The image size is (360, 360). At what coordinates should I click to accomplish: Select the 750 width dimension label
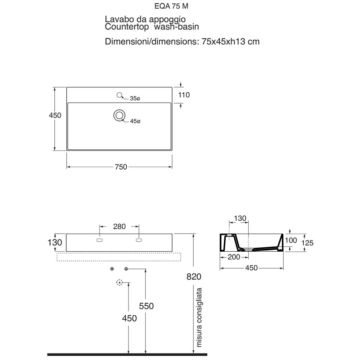(121, 167)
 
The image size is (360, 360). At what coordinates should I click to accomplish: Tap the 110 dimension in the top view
(184, 95)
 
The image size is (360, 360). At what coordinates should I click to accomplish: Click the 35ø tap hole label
(135, 98)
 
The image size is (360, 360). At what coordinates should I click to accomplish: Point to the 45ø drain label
(135, 122)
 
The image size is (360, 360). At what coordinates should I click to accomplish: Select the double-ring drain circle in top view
(119, 115)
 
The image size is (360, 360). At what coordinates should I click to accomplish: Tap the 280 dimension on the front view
(119, 226)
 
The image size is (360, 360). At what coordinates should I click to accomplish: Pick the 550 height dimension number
(146, 306)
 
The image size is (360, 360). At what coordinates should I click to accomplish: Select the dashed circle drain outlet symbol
(120, 283)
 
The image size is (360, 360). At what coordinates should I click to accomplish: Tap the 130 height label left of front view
(55, 243)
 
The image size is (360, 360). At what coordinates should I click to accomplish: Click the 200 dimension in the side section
(234, 257)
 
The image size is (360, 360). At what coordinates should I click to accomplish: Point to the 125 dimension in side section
(307, 243)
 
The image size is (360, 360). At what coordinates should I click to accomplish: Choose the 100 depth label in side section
(291, 240)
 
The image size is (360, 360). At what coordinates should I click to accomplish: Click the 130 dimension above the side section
(240, 219)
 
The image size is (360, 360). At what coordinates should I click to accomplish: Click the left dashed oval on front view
(100, 240)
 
